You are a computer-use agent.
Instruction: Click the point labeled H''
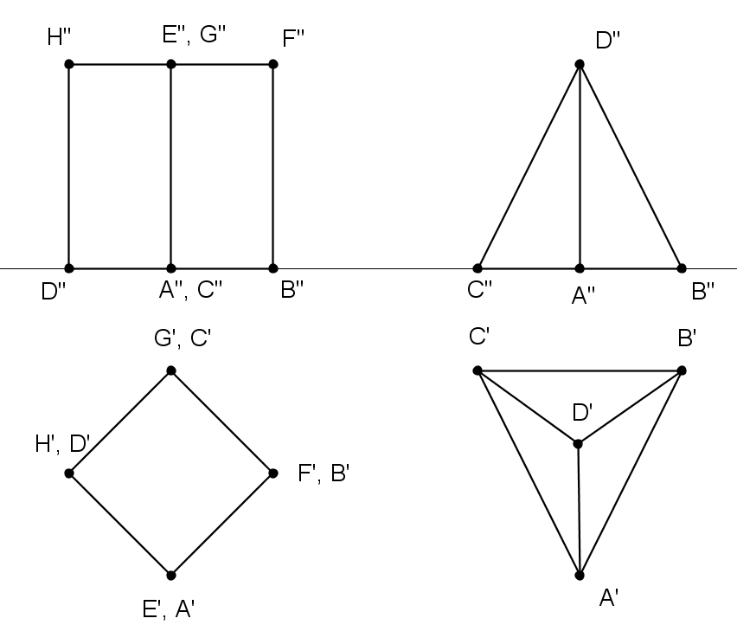tap(69, 64)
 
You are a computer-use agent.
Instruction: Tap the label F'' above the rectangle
tap(294, 38)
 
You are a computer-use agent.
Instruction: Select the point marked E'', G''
tap(171, 64)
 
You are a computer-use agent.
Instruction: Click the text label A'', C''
tap(191, 292)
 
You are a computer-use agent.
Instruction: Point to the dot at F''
tap(273, 64)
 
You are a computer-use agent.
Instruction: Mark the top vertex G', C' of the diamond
tap(171, 370)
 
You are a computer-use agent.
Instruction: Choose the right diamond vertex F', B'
tap(273, 473)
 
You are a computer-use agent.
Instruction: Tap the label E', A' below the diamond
tap(168, 609)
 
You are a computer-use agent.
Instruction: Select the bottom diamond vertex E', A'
tap(171, 575)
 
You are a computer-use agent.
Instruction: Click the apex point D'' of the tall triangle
tap(580, 64)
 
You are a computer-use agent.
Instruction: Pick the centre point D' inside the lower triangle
tap(578, 444)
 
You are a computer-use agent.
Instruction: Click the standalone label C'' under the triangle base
tap(480, 291)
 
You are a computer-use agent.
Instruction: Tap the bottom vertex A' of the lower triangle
tap(580, 575)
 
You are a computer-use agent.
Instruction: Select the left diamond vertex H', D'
tap(69, 473)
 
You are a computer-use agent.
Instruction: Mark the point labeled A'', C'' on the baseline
tap(171, 268)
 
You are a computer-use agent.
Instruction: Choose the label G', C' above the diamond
tap(183, 338)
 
